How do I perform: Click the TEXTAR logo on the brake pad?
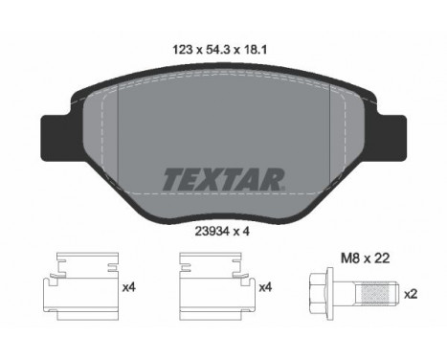pos(223,180)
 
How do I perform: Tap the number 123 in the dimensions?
pos(183,50)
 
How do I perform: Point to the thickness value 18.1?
pos(255,50)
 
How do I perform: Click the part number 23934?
pos(211,232)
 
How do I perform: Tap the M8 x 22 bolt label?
pos(366,259)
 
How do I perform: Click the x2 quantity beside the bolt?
pos(411,294)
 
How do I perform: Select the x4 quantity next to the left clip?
pos(129,287)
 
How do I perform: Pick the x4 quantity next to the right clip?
pos(265,287)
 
